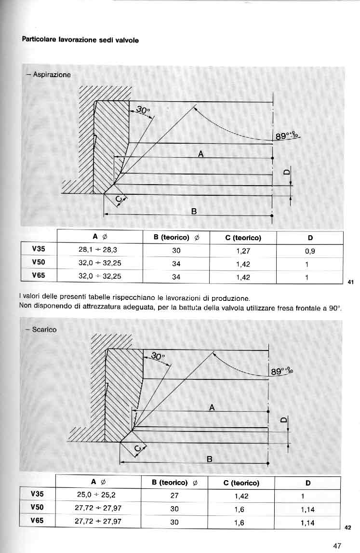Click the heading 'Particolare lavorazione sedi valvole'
click(x=80, y=40)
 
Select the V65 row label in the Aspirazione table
click(x=39, y=276)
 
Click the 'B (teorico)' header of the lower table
click(x=173, y=482)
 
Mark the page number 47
click(x=337, y=546)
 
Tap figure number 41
click(x=350, y=283)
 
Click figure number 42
click(x=348, y=527)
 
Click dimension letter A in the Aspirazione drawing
click(x=200, y=154)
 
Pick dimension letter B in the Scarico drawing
click(x=209, y=458)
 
